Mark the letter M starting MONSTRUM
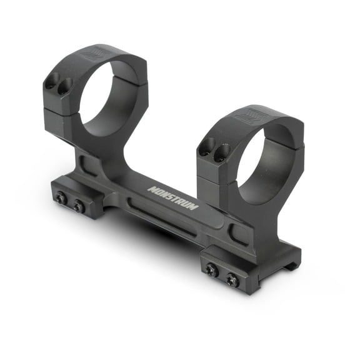coord(151,187)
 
